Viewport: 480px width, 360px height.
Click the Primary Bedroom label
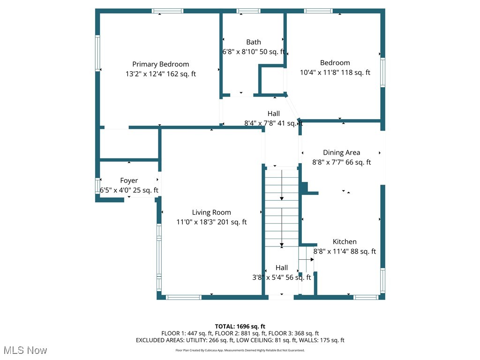pyautogui.click(x=160, y=64)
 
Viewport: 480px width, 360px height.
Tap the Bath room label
pyautogui.click(x=254, y=42)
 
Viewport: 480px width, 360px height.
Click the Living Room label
pyautogui.click(x=211, y=212)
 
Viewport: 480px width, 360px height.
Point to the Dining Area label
pyautogui.click(x=341, y=152)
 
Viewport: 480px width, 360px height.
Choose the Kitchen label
pyautogui.click(x=345, y=241)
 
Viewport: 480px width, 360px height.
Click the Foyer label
pyautogui.click(x=129, y=180)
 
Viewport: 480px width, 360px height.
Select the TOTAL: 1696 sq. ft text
pyautogui.click(x=240, y=326)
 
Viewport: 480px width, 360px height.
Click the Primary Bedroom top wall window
pyautogui.click(x=167, y=11)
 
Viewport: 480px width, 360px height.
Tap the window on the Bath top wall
pyautogui.click(x=248, y=11)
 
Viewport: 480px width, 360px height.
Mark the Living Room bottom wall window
pyautogui.click(x=184, y=297)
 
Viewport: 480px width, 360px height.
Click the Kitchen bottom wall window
pyautogui.click(x=366, y=297)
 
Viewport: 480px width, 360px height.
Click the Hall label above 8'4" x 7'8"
pyautogui.click(x=274, y=113)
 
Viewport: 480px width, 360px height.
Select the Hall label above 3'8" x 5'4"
pyautogui.click(x=282, y=268)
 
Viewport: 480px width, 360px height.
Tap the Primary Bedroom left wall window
pyautogui.click(x=98, y=53)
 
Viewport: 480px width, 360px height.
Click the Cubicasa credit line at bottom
pyautogui.click(x=240, y=350)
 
